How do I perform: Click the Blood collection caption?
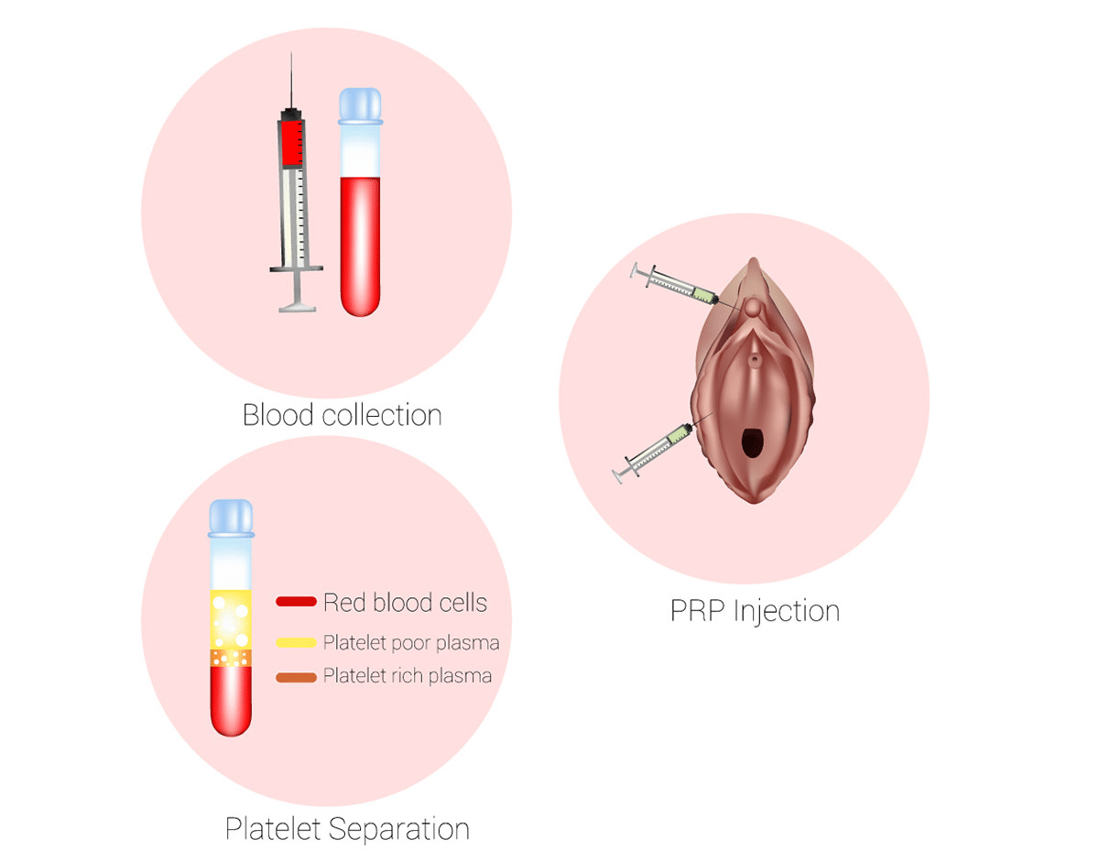click(x=342, y=414)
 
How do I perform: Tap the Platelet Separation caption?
click(x=347, y=828)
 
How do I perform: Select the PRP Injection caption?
click(x=755, y=610)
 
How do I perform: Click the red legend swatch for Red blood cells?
click(x=296, y=602)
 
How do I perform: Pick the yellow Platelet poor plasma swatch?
click(x=296, y=643)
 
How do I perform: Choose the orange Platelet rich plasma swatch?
click(x=296, y=677)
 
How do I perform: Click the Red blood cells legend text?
click(x=405, y=602)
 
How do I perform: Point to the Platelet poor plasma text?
click(x=411, y=643)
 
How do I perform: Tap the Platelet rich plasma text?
click(x=408, y=677)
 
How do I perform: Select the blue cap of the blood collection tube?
click(x=360, y=105)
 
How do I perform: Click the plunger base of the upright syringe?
click(x=296, y=307)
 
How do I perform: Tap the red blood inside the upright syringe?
click(x=292, y=142)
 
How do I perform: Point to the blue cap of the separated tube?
click(x=231, y=517)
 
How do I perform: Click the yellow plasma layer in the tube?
click(x=231, y=619)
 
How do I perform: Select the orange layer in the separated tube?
click(x=231, y=658)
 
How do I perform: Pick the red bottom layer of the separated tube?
click(x=231, y=701)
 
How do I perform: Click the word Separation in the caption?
click(x=400, y=828)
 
